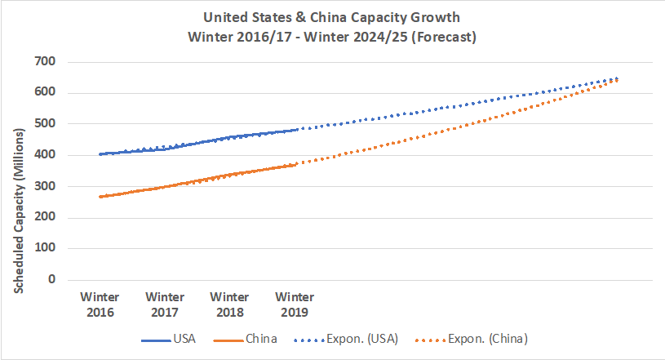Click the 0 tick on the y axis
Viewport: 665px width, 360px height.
pos(51,279)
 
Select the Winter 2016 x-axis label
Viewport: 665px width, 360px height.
pos(100,304)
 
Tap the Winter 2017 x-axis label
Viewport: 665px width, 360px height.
pos(165,304)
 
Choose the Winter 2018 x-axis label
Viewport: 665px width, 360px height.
pos(229,304)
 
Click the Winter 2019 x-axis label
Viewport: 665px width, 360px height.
pos(295,304)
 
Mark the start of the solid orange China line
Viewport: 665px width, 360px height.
pos(100,197)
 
